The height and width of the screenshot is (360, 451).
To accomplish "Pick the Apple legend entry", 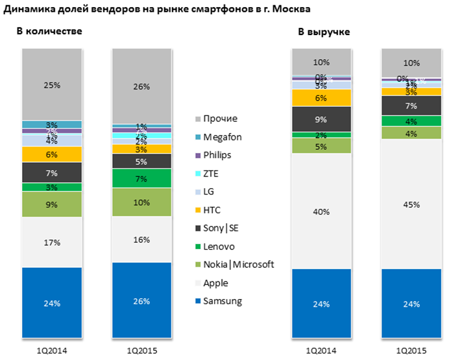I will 215,283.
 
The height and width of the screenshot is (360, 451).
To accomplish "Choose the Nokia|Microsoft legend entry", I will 238,265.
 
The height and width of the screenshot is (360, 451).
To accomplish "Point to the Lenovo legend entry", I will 219,246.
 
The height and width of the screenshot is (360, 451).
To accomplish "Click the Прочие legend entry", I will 219,119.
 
